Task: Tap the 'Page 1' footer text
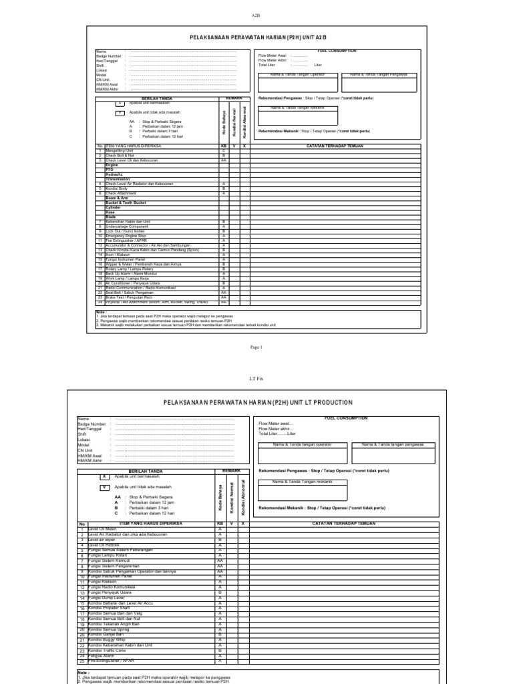[256, 347]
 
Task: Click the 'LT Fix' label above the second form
[256, 377]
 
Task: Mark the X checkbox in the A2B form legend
[120, 104]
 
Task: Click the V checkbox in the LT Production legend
[105, 488]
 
